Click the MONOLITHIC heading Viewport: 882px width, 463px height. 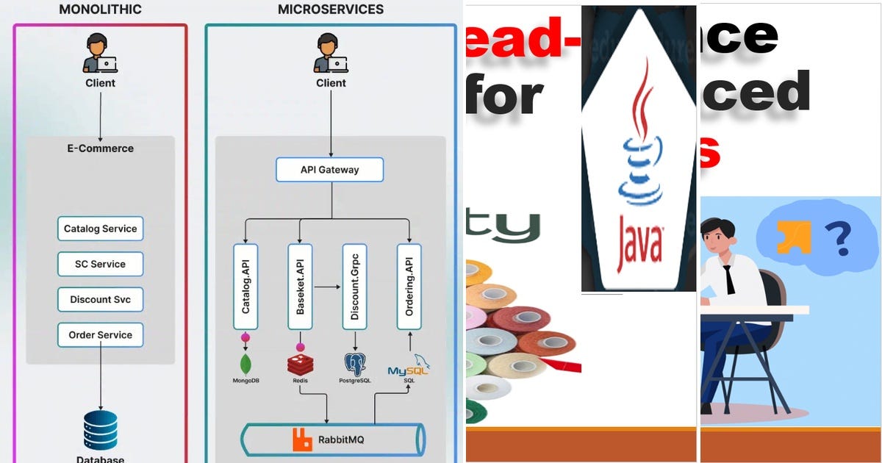tap(100, 10)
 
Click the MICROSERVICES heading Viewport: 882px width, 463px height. tap(331, 10)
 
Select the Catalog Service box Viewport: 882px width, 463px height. tap(100, 229)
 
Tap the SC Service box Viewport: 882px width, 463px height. tap(100, 264)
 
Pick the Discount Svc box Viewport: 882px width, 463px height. tap(100, 299)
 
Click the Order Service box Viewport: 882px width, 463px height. tap(100, 334)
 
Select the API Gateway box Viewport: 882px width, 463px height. tap(329, 170)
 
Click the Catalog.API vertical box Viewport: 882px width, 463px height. tap(245, 287)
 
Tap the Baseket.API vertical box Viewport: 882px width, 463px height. tap(300, 287)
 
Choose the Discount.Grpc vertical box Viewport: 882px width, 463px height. tap(355, 287)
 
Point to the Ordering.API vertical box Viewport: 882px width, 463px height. tap(409, 287)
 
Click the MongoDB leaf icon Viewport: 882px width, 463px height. tap(245, 363)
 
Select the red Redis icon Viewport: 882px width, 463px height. tap(300, 363)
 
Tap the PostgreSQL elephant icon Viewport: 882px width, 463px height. tap(355, 364)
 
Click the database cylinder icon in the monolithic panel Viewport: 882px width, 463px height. tap(100, 431)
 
